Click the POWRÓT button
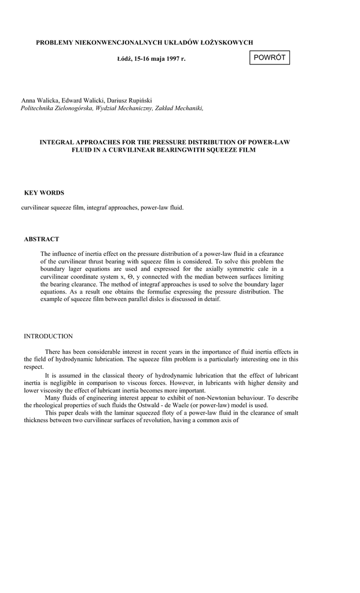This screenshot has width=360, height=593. point(269,58)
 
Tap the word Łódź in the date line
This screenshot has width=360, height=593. point(124,59)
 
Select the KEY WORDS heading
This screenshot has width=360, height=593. point(44,193)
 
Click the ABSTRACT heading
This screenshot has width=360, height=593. point(41,239)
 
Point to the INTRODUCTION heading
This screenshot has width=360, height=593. point(48,336)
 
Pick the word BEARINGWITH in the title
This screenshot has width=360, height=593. point(189,149)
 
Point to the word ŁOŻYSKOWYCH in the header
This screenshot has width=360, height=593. point(225,42)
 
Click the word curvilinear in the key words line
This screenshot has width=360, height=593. point(34,207)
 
